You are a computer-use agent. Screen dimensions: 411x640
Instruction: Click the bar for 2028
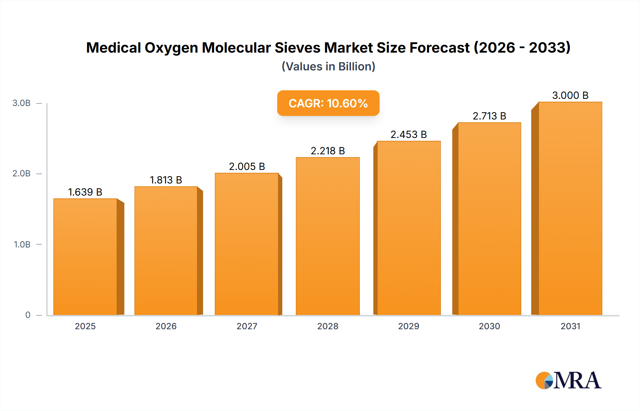coord(327,236)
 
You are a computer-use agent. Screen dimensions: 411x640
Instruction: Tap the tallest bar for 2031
coord(570,208)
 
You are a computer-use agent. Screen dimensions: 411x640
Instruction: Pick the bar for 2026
coord(166,251)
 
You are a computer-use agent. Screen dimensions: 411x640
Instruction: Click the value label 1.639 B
coord(85,192)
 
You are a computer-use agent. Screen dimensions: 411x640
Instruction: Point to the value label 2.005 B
coord(247,167)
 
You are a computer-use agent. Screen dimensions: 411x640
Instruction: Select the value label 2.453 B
coord(409,135)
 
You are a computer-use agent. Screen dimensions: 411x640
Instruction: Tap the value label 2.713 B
coord(489,116)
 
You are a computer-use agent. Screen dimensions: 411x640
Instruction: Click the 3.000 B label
coord(570,96)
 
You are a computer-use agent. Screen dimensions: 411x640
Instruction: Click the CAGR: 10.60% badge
coord(328,103)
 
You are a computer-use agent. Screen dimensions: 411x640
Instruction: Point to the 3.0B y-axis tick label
coord(22,103)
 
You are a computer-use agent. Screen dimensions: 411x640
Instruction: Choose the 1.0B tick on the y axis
coord(22,245)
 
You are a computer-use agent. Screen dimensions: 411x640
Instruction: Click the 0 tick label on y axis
coord(28,315)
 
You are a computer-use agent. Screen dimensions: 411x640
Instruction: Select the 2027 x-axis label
coord(247,326)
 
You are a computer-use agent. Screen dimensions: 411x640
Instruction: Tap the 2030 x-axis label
coord(489,326)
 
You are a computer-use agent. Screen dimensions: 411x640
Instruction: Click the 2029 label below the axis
coord(409,326)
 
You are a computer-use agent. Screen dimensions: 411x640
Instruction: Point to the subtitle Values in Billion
coord(328,66)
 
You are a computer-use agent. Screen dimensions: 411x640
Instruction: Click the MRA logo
coord(568,380)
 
